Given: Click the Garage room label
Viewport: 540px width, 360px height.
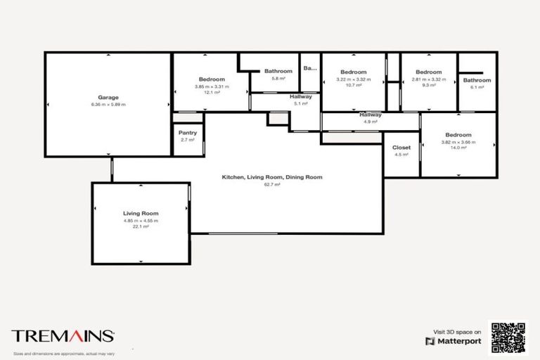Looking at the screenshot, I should (108, 97).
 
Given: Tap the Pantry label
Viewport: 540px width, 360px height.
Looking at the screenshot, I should (188, 132).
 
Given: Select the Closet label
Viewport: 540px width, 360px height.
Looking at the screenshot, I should (401, 148).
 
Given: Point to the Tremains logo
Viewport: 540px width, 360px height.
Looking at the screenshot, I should (63, 336).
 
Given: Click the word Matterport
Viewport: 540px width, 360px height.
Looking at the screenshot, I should (460, 341).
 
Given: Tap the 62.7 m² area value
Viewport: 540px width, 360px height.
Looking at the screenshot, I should (272, 184).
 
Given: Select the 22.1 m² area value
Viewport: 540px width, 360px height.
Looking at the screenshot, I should (141, 227).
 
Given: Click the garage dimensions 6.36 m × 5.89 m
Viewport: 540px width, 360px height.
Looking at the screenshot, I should (108, 104).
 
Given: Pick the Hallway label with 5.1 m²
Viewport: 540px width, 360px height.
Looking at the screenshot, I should (301, 96).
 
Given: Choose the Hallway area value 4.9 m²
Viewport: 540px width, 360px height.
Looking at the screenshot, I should (371, 122).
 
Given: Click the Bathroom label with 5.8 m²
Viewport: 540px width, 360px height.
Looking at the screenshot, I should (278, 71).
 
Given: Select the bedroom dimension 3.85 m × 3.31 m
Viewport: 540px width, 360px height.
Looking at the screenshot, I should (212, 86).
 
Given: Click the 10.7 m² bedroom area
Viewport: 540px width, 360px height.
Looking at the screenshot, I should (353, 85).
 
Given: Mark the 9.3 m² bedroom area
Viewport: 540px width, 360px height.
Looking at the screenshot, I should (428, 85).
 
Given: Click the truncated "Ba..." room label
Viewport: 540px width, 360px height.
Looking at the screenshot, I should (310, 68).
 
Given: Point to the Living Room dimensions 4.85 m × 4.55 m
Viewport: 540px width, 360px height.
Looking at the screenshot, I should (141, 220).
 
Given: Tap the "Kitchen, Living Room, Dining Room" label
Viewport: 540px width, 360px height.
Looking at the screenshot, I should (272, 177).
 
